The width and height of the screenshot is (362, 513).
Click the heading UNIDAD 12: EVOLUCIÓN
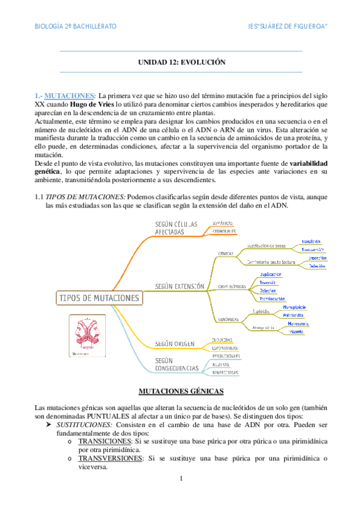(x=181, y=62)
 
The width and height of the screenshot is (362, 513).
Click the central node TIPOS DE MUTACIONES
(x=99, y=298)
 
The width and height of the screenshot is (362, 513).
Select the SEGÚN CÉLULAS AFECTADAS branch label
(x=176, y=228)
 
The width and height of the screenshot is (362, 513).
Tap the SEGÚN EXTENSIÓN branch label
(x=180, y=286)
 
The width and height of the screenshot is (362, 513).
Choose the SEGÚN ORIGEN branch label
(x=174, y=344)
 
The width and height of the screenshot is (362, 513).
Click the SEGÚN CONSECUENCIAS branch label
(x=176, y=364)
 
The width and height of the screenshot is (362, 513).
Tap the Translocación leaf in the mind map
(x=273, y=299)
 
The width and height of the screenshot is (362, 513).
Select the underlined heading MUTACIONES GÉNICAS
(x=181, y=374)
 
